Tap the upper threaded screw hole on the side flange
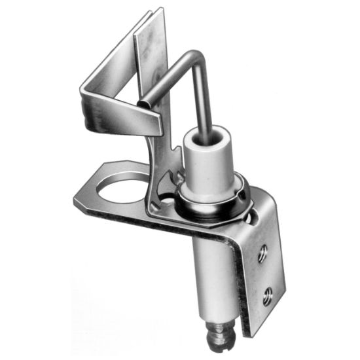pos(262,254)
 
